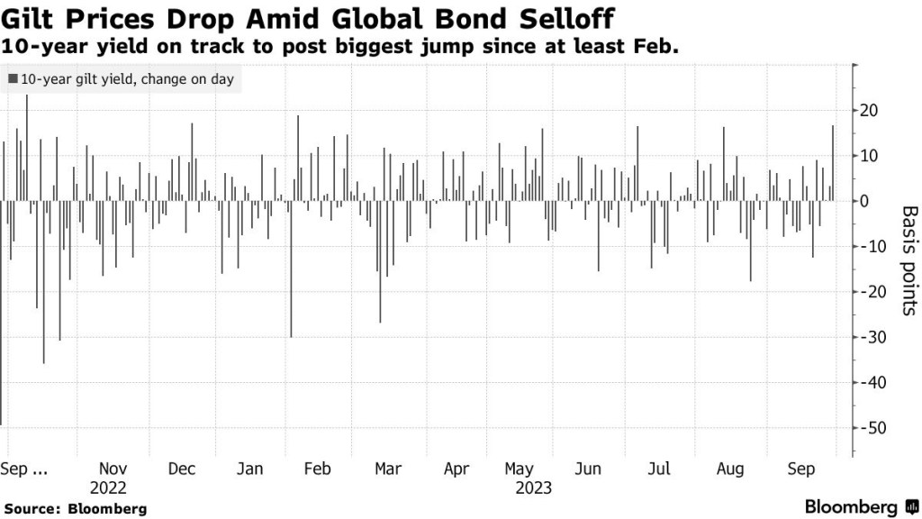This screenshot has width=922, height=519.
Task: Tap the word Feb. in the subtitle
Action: pos(655,44)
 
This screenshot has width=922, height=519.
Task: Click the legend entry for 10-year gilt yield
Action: pos(121,79)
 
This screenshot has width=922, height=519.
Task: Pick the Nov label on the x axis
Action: pos(113,469)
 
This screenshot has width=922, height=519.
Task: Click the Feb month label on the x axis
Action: pos(318,469)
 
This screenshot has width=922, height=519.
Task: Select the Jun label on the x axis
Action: pos(587,469)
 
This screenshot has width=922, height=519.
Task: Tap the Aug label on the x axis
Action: pos(730,469)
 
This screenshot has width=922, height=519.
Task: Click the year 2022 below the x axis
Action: pos(109,488)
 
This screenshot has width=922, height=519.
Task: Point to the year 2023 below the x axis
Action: pos(533,488)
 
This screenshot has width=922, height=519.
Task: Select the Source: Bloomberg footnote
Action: pos(74,509)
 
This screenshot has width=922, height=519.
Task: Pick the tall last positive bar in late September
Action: pos(833,163)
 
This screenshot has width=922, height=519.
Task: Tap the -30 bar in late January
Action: pos(291,269)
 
